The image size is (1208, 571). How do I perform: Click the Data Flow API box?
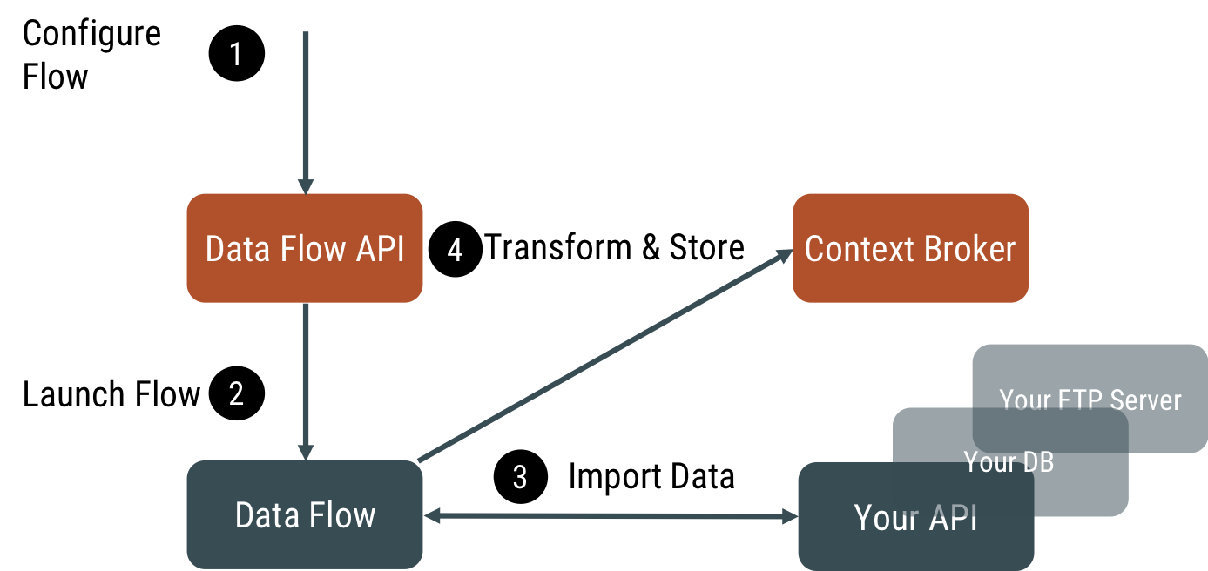click(305, 249)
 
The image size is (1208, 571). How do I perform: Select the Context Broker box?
click(910, 249)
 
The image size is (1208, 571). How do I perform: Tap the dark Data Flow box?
click(305, 515)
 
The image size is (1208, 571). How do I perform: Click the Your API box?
click(914, 518)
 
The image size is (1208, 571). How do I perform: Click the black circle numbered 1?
click(236, 54)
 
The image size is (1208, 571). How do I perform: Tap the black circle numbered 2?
click(236, 394)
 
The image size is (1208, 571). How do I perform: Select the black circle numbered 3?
click(520, 477)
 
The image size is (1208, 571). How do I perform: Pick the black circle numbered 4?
click(455, 250)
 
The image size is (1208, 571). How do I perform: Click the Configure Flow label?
click(91, 55)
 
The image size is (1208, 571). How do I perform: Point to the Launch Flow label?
click(111, 395)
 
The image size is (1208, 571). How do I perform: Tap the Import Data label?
click(651, 477)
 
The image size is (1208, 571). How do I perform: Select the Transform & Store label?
click(614, 248)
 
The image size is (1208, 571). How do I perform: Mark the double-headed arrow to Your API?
click(610, 517)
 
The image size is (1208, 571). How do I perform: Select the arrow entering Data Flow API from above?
click(306, 113)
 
